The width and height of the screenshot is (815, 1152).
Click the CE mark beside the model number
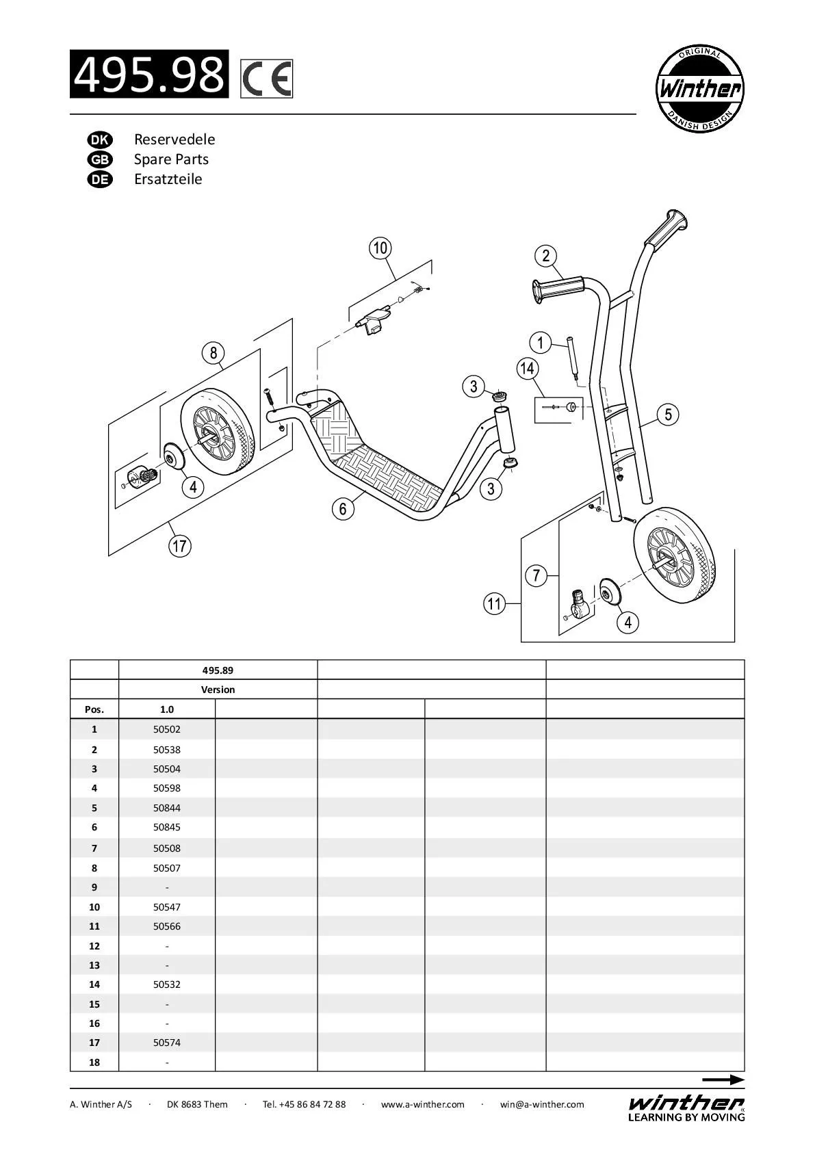tap(267, 78)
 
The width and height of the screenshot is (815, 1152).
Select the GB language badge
tap(99, 159)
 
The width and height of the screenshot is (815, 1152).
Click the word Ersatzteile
tap(168, 179)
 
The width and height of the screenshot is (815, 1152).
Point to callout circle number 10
tap(380, 248)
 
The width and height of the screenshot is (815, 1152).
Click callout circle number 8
tap(214, 353)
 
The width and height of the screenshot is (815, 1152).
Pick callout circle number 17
tap(180, 546)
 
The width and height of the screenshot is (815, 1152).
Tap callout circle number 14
tap(527, 369)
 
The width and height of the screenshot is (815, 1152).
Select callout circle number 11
tap(494, 604)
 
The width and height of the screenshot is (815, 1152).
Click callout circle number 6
tap(343, 508)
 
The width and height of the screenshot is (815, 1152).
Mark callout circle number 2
tap(545, 256)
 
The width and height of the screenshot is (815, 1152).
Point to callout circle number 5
tap(668, 414)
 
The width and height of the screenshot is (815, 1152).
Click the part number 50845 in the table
tap(167, 827)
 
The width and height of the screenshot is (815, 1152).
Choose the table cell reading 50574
tap(167, 1043)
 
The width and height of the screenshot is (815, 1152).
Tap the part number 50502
tap(167, 729)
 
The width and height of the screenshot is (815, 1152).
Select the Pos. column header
tap(94, 709)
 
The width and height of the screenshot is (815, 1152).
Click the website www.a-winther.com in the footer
tap(422, 1104)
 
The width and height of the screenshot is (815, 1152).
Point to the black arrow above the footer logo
tap(723, 1080)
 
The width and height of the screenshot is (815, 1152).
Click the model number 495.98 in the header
tap(149, 74)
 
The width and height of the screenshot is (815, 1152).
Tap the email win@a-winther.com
tap(542, 1104)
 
